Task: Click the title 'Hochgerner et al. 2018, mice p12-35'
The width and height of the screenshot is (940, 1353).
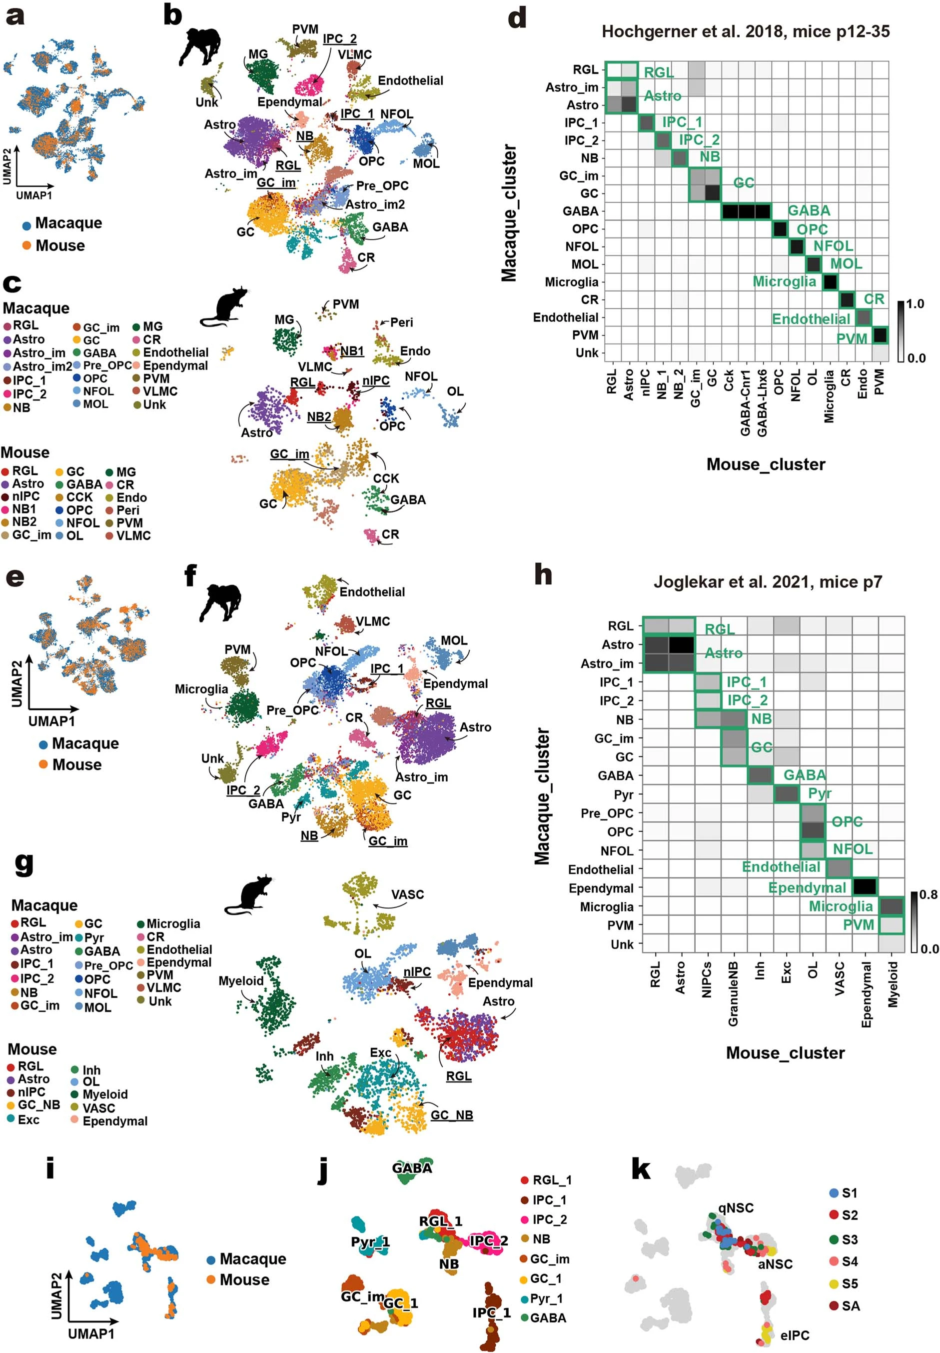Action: (x=745, y=32)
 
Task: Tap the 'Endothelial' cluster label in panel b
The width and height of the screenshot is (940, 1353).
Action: (x=410, y=80)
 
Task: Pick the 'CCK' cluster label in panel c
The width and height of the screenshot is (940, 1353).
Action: (x=386, y=478)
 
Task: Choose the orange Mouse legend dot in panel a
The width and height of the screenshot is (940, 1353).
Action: (x=26, y=245)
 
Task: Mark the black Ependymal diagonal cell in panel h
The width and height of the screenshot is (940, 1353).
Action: (x=865, y=887)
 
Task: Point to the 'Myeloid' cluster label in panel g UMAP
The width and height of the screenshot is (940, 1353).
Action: (x=241, y=980)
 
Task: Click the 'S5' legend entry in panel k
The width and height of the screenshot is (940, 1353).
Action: (x=850, y=1283)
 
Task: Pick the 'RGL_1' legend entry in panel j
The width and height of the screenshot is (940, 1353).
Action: (x=551, y=1180)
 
